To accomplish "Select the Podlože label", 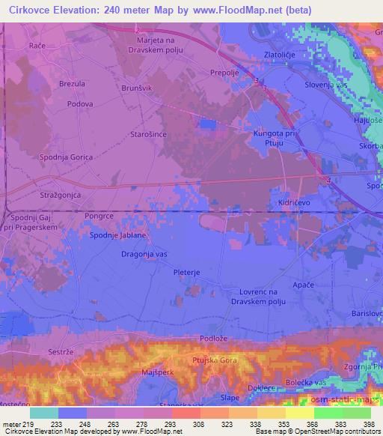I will pos(204,339).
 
